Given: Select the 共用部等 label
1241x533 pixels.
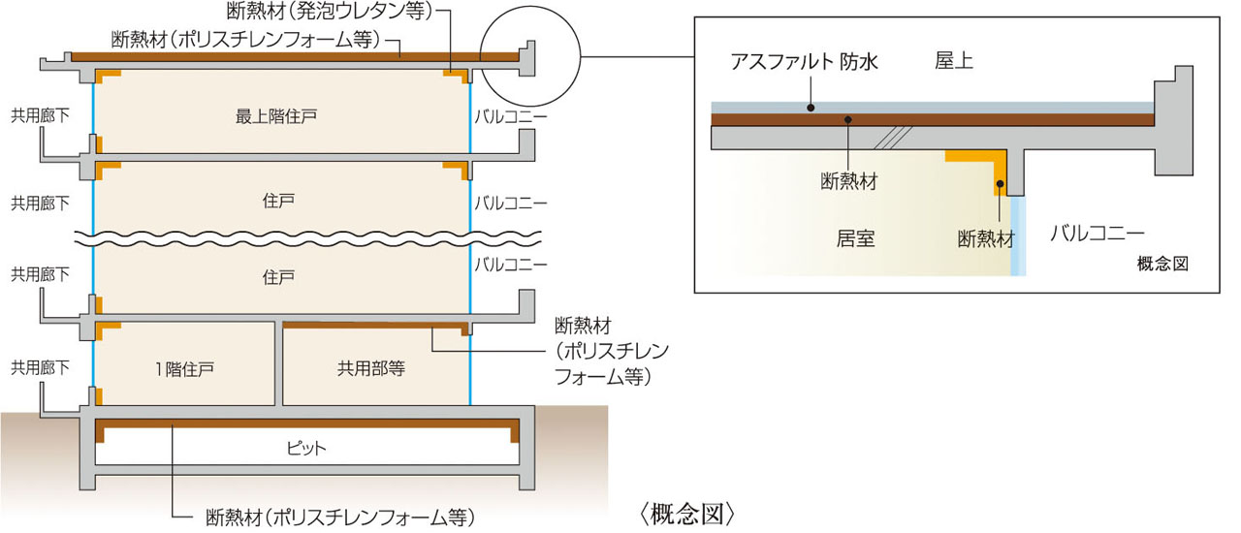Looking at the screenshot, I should coord(371,368).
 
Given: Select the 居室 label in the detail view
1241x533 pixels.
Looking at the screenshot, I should coord(855,238).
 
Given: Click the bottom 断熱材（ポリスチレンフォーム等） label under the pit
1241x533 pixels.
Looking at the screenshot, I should coord(340,514).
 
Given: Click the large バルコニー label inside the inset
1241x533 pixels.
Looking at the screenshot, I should coord(1098,233).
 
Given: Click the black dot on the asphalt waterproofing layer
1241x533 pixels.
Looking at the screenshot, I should coord(811,108).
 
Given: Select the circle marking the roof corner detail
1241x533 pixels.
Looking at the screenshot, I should coord(528,54).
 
